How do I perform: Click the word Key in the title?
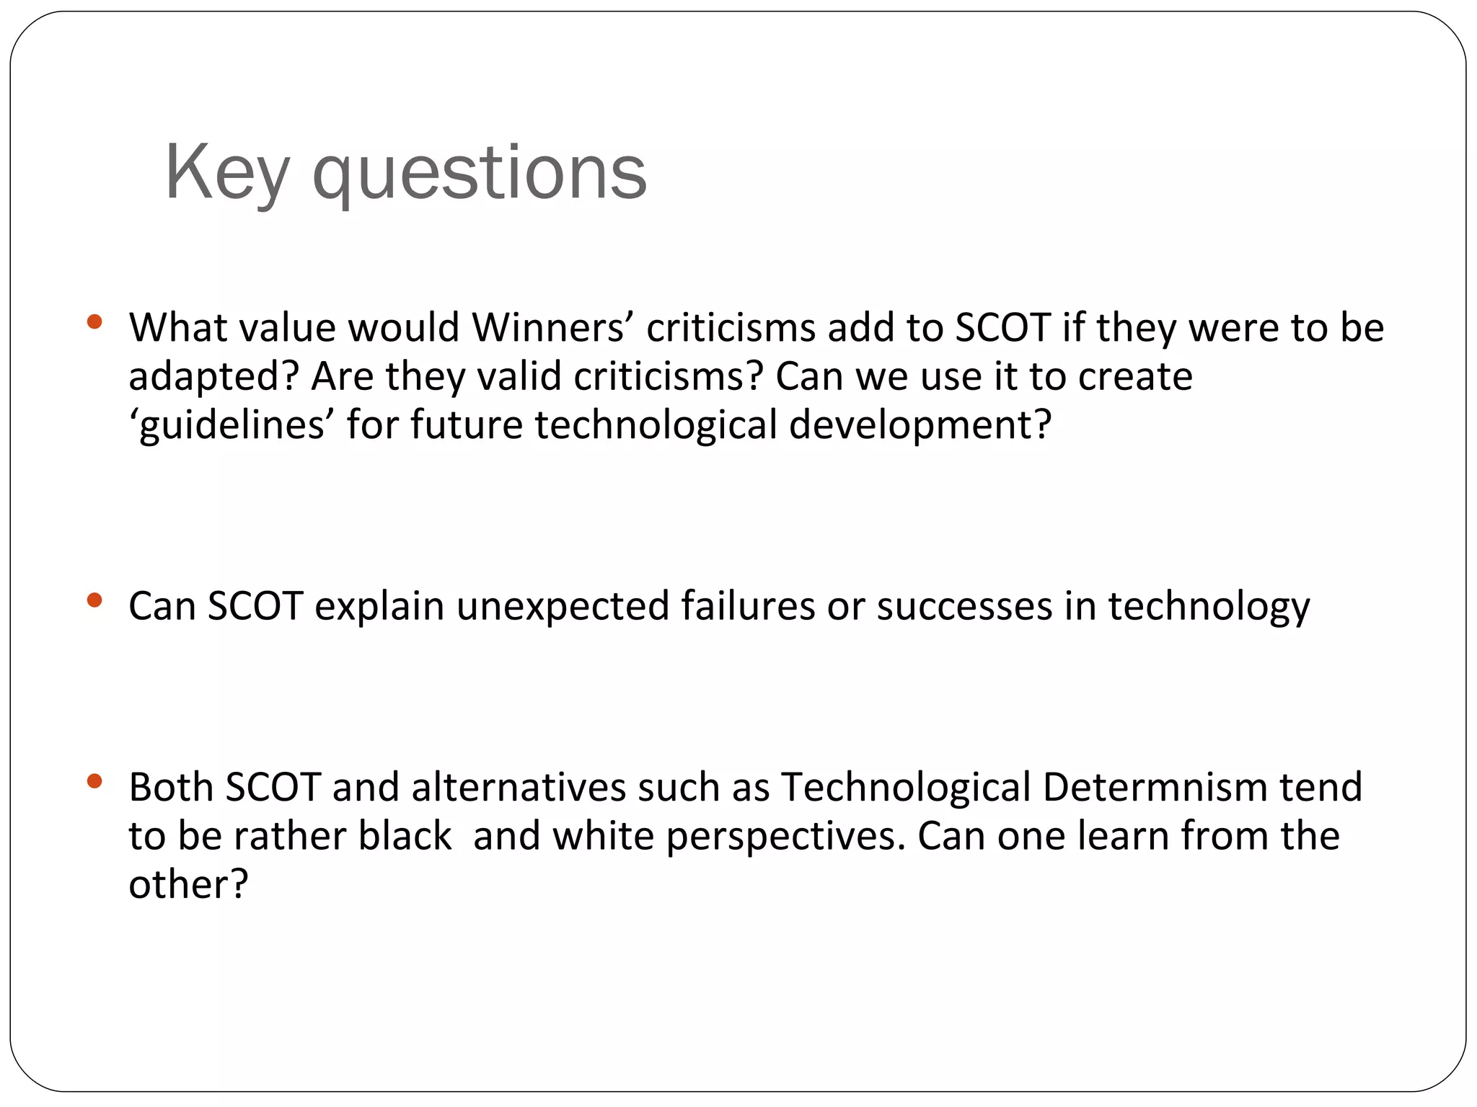[x=227, y=173]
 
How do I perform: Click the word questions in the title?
[x=480, y=174]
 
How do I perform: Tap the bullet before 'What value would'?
[x=94, y=321]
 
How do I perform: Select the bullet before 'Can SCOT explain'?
[x=94, y=600]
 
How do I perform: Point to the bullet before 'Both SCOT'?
[x=94, y=781]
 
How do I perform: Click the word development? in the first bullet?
[x=920, y=425]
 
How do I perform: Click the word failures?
[x=747, y=606]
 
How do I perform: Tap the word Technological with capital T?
[x=906, y=787]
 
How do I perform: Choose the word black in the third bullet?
[x=405, y=836]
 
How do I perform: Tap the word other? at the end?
[x=188, y=884]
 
